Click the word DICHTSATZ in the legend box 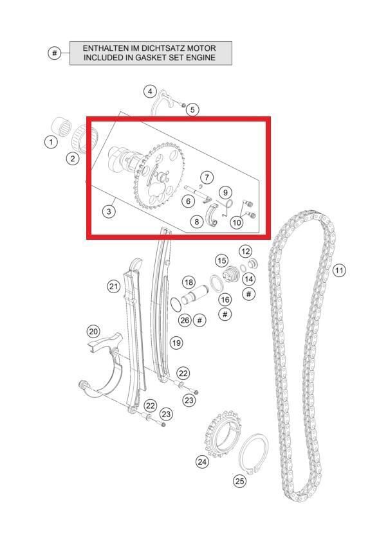pos(156,48)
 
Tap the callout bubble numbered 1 pos(51,141)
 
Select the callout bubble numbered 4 pos(150,91)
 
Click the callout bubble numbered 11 pos(339,271)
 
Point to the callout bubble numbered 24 pos(202,461)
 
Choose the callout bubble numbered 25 pos(240,480)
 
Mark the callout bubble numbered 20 pos(93,332)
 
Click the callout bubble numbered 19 pos(176,343)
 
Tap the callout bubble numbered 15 pos(222,261)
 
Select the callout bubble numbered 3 pos(109,211)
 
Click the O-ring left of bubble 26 pos(176,303)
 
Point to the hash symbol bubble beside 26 pos(199,320)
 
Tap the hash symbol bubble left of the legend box pos(54,53)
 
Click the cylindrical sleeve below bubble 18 pos(192,295)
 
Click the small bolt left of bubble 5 pos(183,105)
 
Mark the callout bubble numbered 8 pos(197,221)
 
